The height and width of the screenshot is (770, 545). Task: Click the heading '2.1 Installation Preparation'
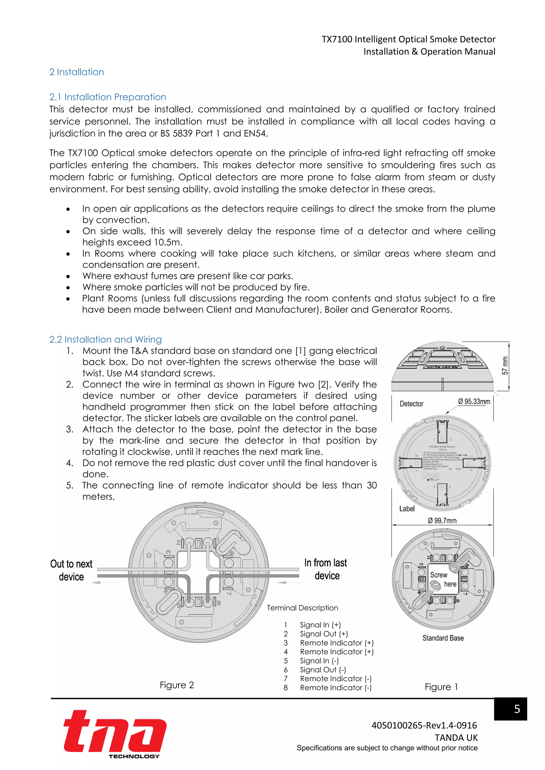click(108, 97)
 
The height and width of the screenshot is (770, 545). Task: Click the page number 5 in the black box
click(517, 709)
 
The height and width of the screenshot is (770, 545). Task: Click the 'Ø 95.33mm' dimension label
click(474, 402)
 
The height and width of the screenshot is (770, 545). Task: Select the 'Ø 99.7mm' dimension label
click(442, 521)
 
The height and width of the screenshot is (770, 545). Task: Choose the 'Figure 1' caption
click(441, 687)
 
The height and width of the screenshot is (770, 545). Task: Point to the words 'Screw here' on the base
click(442, 579)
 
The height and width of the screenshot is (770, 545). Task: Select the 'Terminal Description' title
click(302, 608)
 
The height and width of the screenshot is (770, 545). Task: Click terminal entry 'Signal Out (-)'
click(323, 670)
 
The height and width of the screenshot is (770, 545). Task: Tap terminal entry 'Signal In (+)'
click(320, 625)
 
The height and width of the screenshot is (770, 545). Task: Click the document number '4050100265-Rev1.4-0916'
click(424, 725)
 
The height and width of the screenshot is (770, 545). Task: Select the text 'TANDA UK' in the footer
click(456, 738)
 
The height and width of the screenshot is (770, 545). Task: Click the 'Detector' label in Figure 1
click(411, 404)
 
